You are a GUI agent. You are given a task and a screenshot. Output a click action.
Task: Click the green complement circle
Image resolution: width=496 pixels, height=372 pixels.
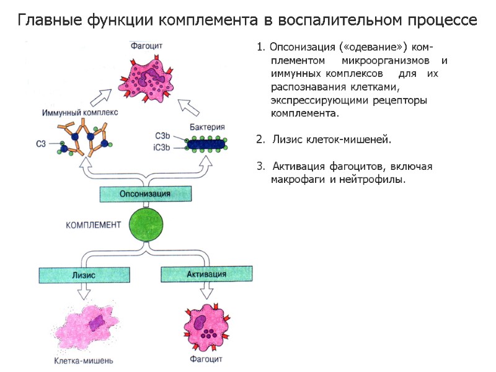pyautogui.click(x=146, y=224)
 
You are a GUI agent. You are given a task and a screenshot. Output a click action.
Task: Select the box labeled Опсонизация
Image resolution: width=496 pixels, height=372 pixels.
pyautogui.click(x=144, y=194)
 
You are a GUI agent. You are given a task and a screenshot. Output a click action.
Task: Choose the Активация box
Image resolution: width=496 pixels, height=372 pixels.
pyautogui.click(x=206, y=273)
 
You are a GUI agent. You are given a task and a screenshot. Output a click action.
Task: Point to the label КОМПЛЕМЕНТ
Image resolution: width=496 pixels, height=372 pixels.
pyautogui.click(x=93, y=225)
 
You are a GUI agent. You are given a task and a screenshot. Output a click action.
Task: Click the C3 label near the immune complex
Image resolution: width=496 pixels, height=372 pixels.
pyautogui.click(x=42, y=144)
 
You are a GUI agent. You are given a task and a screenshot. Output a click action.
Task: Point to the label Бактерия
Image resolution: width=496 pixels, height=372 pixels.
pyautogui.click(x=207, y=127)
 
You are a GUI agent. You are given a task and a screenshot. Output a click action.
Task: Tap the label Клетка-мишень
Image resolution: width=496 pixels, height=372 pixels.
pyautogui.click(x=83, y=360)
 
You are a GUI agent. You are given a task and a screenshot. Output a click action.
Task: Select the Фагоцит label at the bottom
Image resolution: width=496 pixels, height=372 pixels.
pyautogui.click(x=206, y=359)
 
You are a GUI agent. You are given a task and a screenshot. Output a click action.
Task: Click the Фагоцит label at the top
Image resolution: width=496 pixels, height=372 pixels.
pyautogui.click(x=147, y=45)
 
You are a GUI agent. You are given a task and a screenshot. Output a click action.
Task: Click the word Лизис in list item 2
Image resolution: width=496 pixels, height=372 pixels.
pyautogui.click(x=288, y=139)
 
